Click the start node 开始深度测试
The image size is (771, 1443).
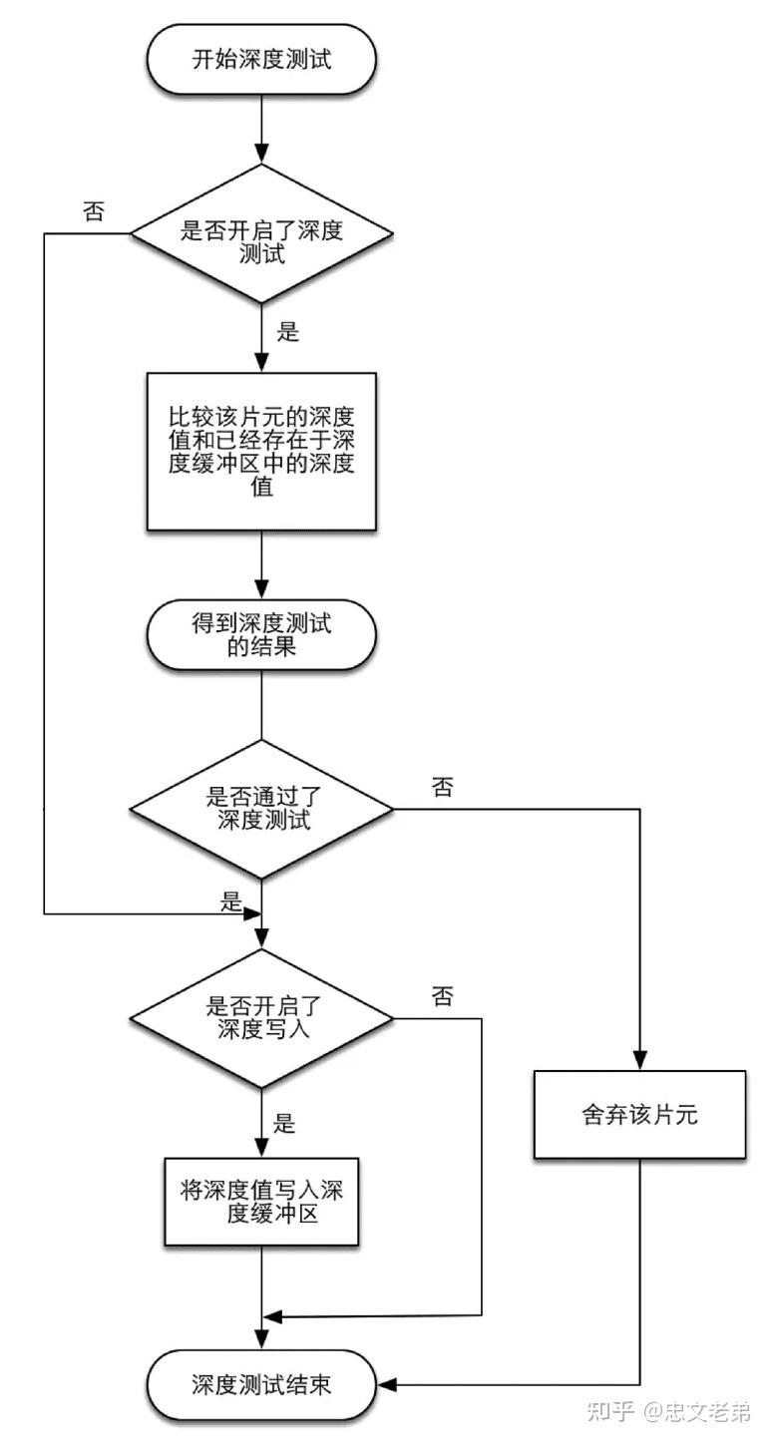point(260,59)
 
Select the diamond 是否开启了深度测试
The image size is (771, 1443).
point(260,233)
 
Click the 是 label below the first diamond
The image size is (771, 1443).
point(287,332)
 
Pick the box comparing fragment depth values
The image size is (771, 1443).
point(261,451)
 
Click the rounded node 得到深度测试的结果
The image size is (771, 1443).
point(260,636)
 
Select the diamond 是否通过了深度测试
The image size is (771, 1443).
point(262,809)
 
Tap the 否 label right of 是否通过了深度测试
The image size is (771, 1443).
point(443,788)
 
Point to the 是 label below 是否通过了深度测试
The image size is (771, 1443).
point(231,903)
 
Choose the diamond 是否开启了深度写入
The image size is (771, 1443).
point(262,1018)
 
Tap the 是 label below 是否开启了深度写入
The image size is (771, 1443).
point(285,1124)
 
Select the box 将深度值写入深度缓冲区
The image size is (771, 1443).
point(261,1202)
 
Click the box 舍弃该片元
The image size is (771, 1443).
point(639,1114)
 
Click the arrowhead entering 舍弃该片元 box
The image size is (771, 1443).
point(639,1062)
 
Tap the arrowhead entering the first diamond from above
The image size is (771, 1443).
point(260,156)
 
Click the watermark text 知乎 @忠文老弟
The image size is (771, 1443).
point(669,1411)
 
